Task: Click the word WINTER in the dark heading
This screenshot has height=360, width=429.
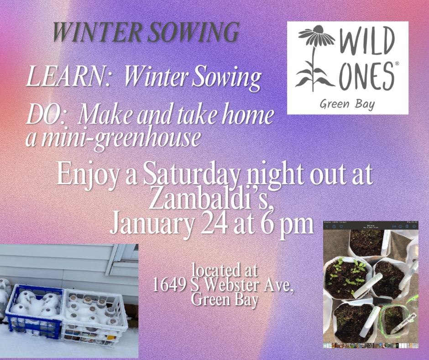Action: (97, 32)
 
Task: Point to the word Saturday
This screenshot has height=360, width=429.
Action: (191, 175)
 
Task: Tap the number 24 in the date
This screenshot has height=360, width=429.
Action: (214, 225)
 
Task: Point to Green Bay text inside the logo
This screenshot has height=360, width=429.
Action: (347, 104)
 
